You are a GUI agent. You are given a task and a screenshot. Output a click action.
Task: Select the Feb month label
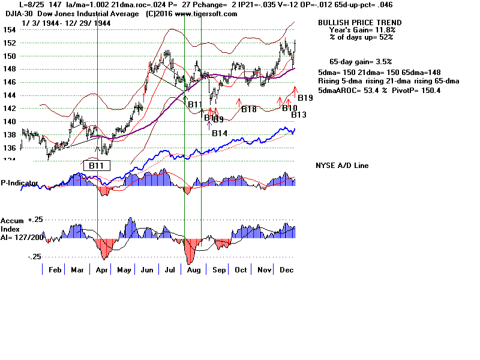click(55, 270)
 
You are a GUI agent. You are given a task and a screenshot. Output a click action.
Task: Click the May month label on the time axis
click(124, 270)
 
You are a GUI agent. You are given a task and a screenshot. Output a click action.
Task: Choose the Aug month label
click(196, 270)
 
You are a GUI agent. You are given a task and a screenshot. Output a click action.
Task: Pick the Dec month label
click(287, 270)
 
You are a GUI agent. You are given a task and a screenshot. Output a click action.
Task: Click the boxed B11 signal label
click(96, 165)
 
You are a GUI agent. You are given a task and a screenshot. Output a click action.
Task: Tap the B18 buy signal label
click(249, 109)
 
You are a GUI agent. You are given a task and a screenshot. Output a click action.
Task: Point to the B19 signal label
click(305, 98)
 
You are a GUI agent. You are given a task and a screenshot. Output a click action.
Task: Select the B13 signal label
click(299, 115)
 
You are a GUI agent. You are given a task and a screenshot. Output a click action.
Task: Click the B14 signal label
click(220, 133)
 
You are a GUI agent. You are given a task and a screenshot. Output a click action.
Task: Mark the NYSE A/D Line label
click(342, 166)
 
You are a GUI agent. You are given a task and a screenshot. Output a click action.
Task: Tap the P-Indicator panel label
click(19, 182)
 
